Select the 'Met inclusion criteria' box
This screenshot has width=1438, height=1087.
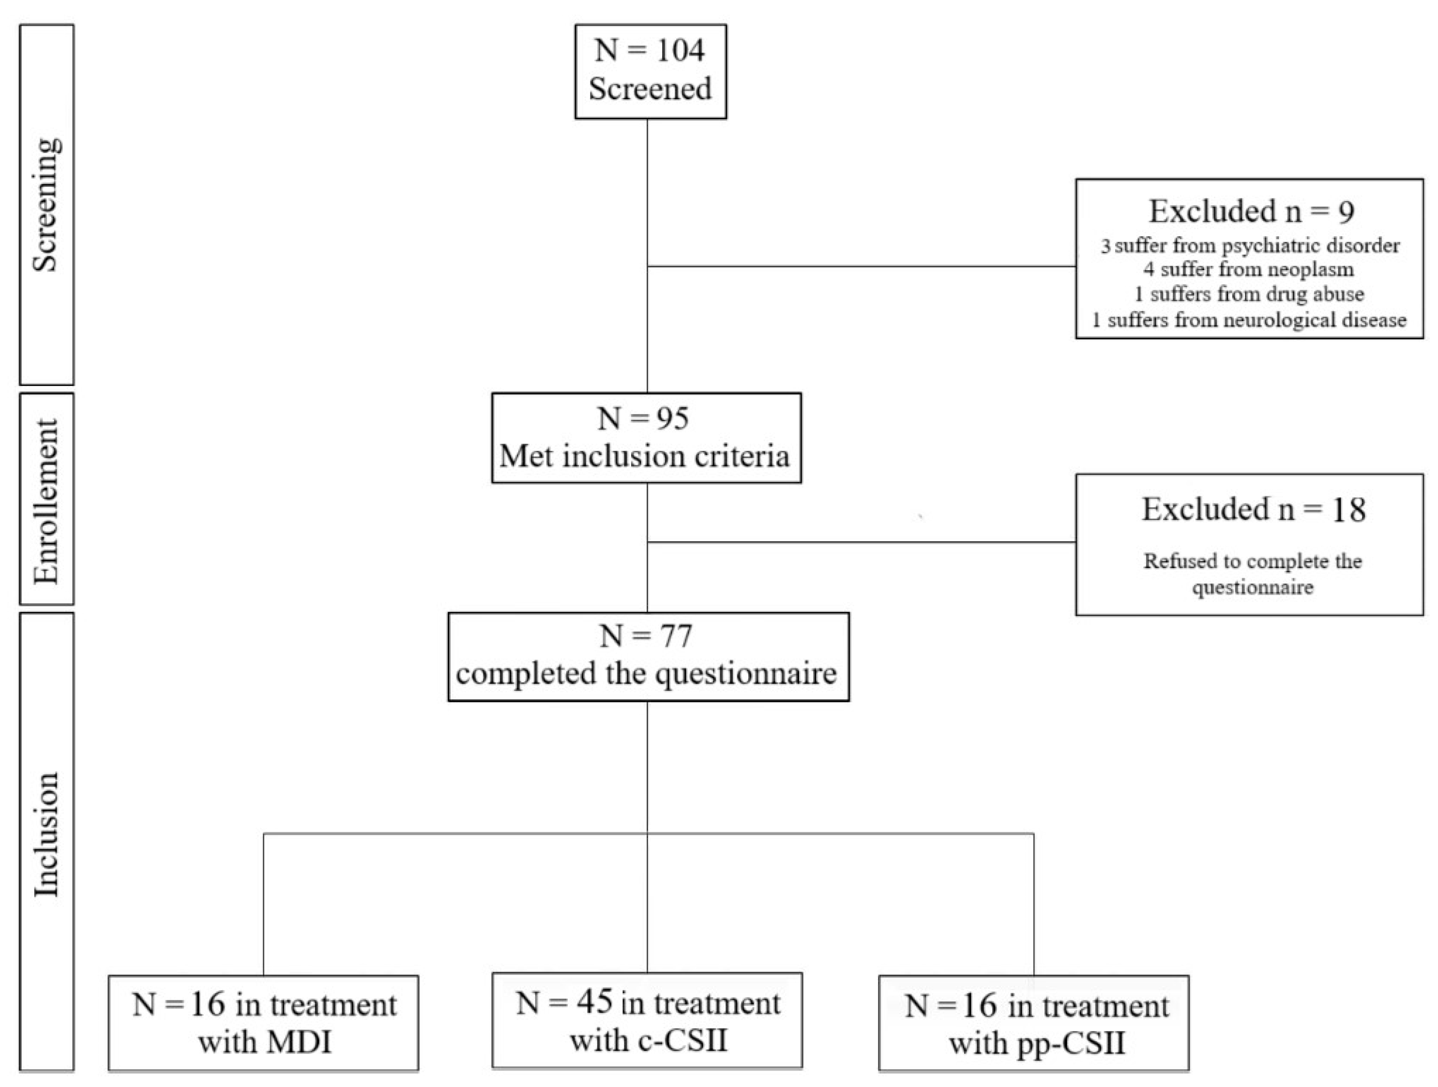point(646,438)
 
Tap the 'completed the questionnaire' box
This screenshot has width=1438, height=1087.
point(648,657)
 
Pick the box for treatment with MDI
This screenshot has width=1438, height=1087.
point(263,1023)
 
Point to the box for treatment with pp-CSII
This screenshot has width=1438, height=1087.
point(1034,1023)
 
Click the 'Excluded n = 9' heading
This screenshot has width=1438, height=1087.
point(1252,212)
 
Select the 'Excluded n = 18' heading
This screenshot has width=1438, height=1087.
point(1254,509)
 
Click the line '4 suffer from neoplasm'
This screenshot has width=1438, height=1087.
point(1249,269)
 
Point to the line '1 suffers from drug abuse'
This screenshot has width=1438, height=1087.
point(1249,294)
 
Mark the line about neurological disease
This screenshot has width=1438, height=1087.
point(1249,320)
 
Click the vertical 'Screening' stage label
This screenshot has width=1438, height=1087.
point(47,205)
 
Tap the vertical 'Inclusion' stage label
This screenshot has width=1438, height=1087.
point(47,835)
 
